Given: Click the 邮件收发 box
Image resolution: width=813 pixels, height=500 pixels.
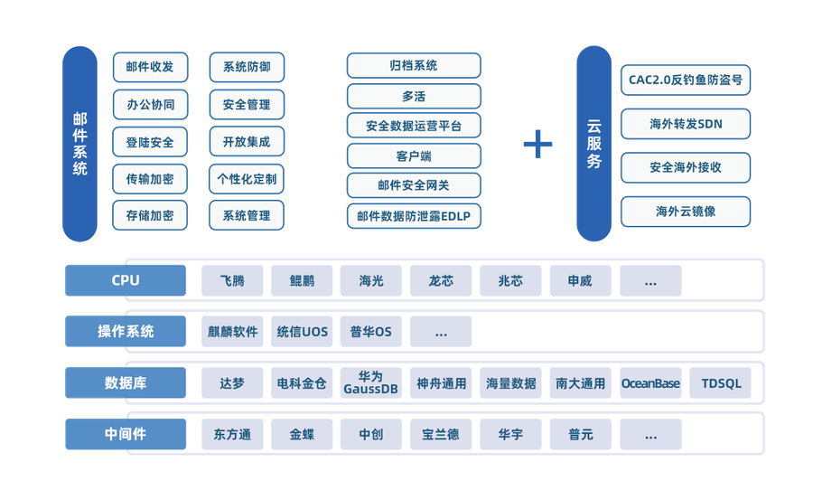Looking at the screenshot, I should pyautogui.click(x=150, y=67).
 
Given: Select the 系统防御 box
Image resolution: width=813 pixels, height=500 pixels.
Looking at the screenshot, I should pyautogui.click(x=247, y=67).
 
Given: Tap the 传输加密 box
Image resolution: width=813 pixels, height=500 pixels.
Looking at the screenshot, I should pyautogui.click(x=150, y=178).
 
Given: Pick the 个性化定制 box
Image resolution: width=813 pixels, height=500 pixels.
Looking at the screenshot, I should pyautogui.click(x=247, y=178).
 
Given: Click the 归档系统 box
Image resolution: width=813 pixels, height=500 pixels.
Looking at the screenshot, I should pyautogui.click(x=414, y=65).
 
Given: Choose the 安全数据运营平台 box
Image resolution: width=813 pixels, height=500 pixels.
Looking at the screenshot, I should pyautogui.click(x=414, y=126).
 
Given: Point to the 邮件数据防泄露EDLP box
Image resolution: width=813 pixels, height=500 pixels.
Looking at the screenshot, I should pyautogui.click(x=414, y=216).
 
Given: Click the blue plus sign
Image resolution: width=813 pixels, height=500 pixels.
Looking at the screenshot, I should pyautogui.click(x=538, y=144).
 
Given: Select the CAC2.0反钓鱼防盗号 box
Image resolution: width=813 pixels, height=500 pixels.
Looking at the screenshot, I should pyautogui.click(x=686, y=80).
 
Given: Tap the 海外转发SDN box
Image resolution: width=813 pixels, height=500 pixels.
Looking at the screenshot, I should pyautogui.click(x=686, y=123).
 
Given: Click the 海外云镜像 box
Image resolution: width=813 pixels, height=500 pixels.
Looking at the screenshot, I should pyautogui.click(x=686, y=212).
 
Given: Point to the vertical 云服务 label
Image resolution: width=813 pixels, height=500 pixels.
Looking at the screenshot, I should pyautogui.click(x=593, y=144).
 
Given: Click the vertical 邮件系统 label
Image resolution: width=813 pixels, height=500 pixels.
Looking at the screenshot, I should pyautogui.click(x=80, y=144).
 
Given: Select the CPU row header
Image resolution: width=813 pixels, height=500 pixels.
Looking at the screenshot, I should pyautogui.click(x=126, y=280).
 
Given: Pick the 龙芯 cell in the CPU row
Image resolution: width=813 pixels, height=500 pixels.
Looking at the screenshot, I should pyautogui.click(x=441, y=280).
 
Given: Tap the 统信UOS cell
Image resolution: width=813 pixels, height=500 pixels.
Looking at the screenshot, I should pyautogui.click(x=303, y=332).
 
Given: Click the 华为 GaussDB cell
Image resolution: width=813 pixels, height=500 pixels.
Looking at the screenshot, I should pyautogui.click(x=371, y=383).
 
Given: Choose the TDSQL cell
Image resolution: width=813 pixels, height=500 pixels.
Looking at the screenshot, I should pyautogui.click(x=720, y=383).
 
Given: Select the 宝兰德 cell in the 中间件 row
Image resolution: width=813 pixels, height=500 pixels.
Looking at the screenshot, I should pyautogui.click(x=441, y=434).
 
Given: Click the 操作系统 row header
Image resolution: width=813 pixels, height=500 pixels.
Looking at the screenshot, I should pyautogui.click(x=126, y=332).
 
